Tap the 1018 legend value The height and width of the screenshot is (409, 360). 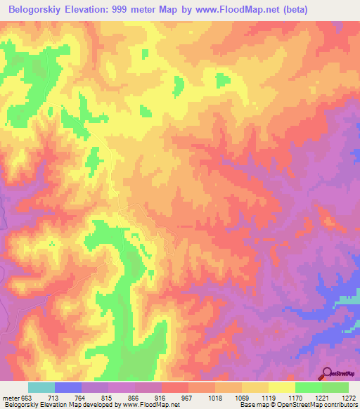pos(214,398)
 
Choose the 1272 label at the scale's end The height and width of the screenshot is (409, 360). pos(348,398)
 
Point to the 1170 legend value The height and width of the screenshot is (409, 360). pos(295,398)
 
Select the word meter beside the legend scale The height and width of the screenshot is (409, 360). pos(10,398)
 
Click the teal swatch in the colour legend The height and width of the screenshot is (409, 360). pos(41,387)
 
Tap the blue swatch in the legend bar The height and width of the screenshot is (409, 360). pos(67,387)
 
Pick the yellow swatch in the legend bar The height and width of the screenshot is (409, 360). pos(281,387)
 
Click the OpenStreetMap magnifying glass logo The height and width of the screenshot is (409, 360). pos(326,374)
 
